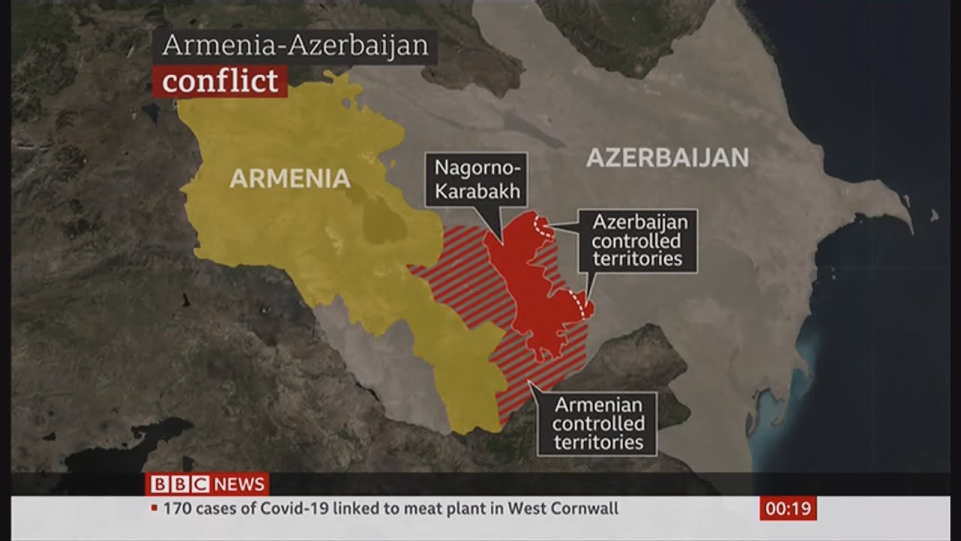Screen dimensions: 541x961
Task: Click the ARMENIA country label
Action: pyautogui.click(x=290, y=178)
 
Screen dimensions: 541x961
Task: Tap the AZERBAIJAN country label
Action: pyautogui.click(x=667, y=158)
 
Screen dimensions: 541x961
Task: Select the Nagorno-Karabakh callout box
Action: pyautogui.click(x=476, y=180)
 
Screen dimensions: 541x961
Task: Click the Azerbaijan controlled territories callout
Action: pyautogui.click(x=637, y=240)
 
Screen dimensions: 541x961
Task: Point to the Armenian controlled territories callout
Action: pyautogui.click(x=598, y=424)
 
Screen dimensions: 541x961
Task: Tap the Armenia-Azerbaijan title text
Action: pyautogui.click(x=295, y=46)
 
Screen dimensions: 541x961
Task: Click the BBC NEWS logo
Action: pyautogui.click(x=207, y=484)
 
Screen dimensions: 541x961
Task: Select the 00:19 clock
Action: pyautogui.click(x=788, y=509)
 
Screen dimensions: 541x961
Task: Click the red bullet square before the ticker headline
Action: pyautogui.click(x=155, y=509)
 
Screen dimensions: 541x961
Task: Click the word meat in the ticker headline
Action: pyautogui.click(x=406, y=509)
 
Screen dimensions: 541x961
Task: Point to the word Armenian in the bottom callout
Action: pyautogui.click(x=598, y=405)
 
